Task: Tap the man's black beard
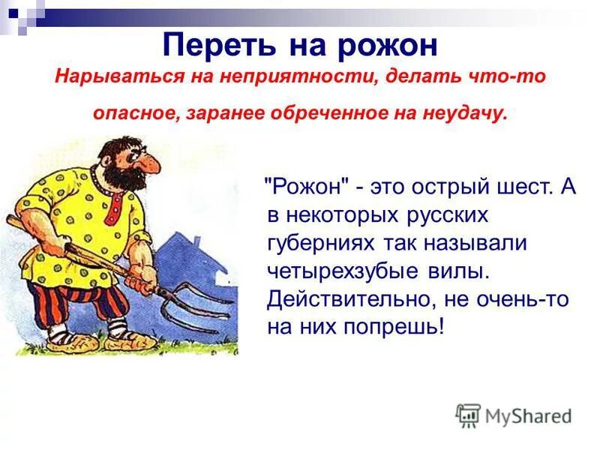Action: pyautogui.click(x=124, y=180)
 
